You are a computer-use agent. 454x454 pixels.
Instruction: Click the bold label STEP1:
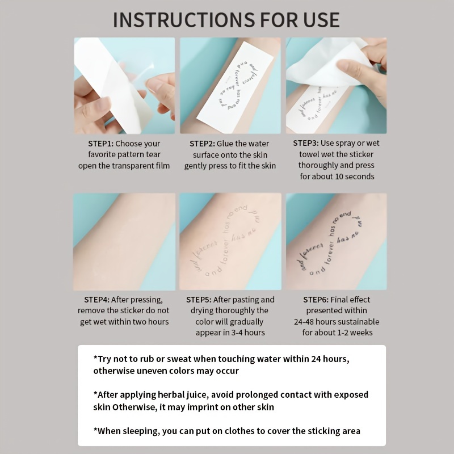100,144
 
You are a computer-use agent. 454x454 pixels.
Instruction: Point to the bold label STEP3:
306,143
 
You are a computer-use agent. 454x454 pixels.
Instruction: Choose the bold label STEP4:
96,300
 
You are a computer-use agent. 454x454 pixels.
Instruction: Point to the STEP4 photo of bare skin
124,241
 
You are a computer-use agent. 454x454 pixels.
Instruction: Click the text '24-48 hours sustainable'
337,322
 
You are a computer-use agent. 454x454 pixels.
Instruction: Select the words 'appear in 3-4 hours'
230,333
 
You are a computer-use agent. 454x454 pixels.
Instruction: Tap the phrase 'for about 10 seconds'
337,176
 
